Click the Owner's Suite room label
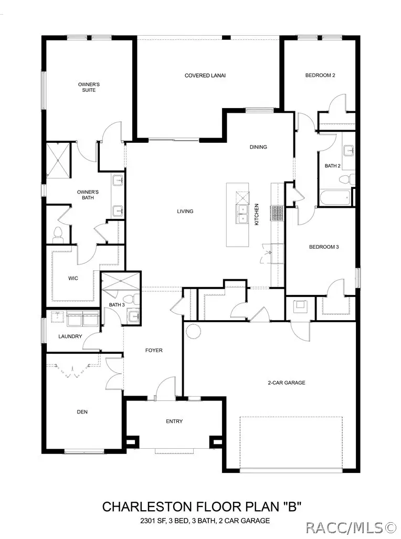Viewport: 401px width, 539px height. point(88,87)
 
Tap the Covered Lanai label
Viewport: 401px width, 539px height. point(205,76)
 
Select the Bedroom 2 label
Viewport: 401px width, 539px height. point(320,75)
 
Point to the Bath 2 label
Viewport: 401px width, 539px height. point(332,166)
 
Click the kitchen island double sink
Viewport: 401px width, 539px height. point(242,214)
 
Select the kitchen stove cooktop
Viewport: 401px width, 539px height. point(277,213)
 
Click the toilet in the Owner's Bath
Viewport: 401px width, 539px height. point(58,234)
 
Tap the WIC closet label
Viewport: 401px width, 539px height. point(73,278)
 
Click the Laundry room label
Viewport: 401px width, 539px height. point(70,336)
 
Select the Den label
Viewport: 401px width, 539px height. point(82,412)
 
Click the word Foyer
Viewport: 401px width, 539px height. point(154,350)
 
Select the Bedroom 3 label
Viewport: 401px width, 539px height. point(323,247)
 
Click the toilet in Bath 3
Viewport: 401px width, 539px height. point(136,300)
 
